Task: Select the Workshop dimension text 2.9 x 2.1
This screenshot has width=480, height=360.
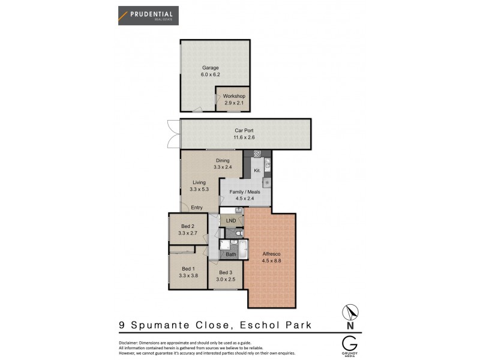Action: coord(233,103)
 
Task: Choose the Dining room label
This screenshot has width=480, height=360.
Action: coord(223,160)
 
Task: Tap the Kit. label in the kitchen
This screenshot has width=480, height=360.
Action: coord(256,171)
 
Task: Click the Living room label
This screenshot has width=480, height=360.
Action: coord(199,182)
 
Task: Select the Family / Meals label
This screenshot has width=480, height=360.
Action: coord(244,192)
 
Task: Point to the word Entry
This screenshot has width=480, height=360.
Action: coord(197,208)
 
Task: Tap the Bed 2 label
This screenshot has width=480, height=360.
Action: coord(187,226)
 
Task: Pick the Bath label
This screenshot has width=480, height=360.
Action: coord(231,254)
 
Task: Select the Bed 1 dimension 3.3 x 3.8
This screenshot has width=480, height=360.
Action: coord(188,275)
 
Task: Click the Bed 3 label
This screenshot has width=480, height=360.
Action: coord(226,273)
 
